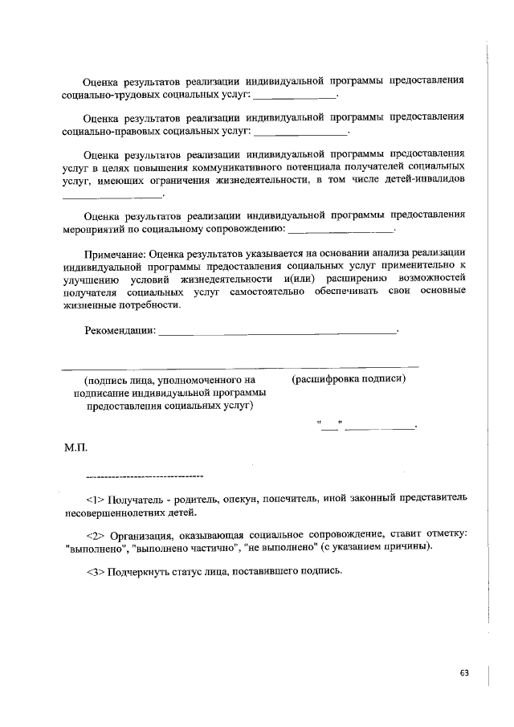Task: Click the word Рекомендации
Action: (x=120, y=330)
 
